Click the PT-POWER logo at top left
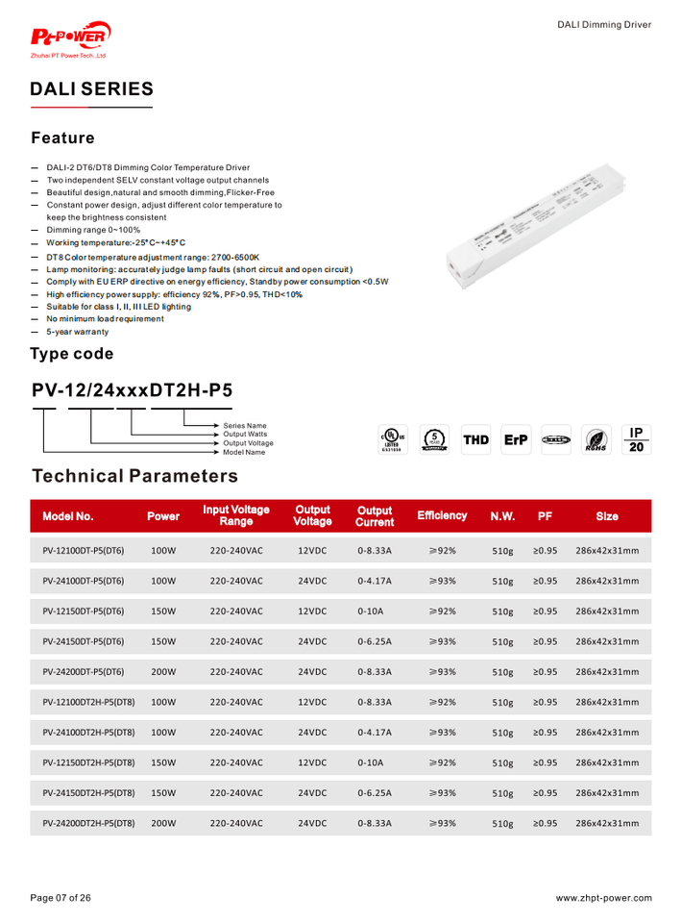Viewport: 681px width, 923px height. click(x=71, y=39)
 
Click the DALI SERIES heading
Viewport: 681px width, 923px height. click(x=91, y=89)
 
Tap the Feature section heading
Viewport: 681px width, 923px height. click(x=62, y=138)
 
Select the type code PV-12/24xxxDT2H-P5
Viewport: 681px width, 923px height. click(x=132, y=390)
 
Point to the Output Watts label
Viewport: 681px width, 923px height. click(x=245, y=434)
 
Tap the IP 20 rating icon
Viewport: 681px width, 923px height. click(x=635, y=440)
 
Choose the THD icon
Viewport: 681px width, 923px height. click(x=476, y=440)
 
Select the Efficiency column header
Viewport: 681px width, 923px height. click(x=442, y=515)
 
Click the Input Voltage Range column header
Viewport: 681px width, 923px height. click(x=236, y=515)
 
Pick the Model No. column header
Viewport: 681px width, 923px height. click(x=68, y=516)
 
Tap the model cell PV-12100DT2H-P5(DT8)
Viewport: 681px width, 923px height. click(x=88, y=703)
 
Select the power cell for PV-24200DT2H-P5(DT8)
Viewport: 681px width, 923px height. click(x=164, y=824)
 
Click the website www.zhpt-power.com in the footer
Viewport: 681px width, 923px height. click(x=603, y=898)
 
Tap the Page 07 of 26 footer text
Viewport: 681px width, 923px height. click(x=61, y=898)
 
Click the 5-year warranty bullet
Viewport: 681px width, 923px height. click(x=78, y=332)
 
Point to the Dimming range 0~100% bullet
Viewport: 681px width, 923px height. click(x=93, y=230)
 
